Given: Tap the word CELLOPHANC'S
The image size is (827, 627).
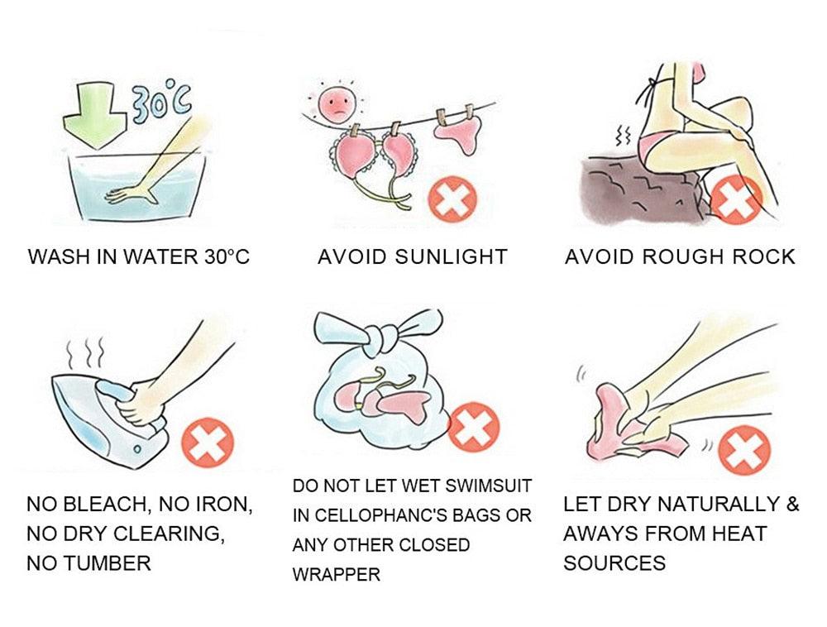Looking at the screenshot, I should pyautogui.click(x=389, y=515).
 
